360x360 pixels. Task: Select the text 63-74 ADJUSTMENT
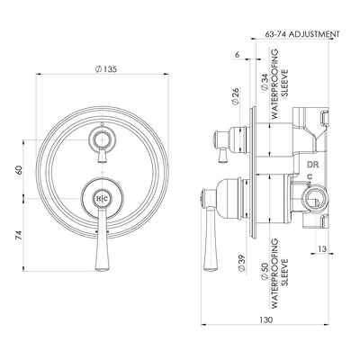[x=302, y=34]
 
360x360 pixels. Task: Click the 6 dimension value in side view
[x=235, y=56]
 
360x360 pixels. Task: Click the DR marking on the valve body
[x=313, y=166]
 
